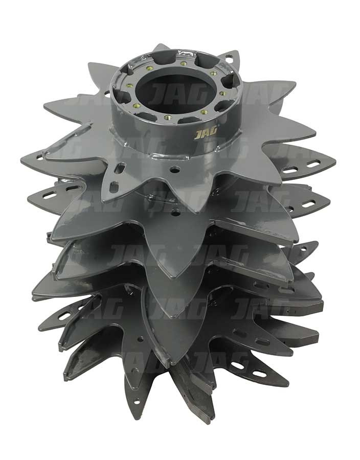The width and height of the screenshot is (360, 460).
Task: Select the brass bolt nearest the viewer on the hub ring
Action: click(168, 117)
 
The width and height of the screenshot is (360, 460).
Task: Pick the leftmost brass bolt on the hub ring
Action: click(128, 86)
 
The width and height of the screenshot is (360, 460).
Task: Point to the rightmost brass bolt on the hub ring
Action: click(222, 94)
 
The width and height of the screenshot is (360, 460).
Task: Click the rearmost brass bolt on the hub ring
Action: click(184, 63)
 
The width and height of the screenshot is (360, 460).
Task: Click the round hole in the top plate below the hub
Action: click(175, 169)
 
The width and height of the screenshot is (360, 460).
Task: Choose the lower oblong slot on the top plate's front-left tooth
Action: click(114, 187)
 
